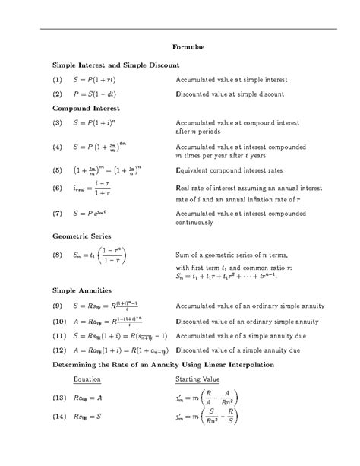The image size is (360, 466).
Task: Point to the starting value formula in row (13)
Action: click(x=207, y=397)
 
